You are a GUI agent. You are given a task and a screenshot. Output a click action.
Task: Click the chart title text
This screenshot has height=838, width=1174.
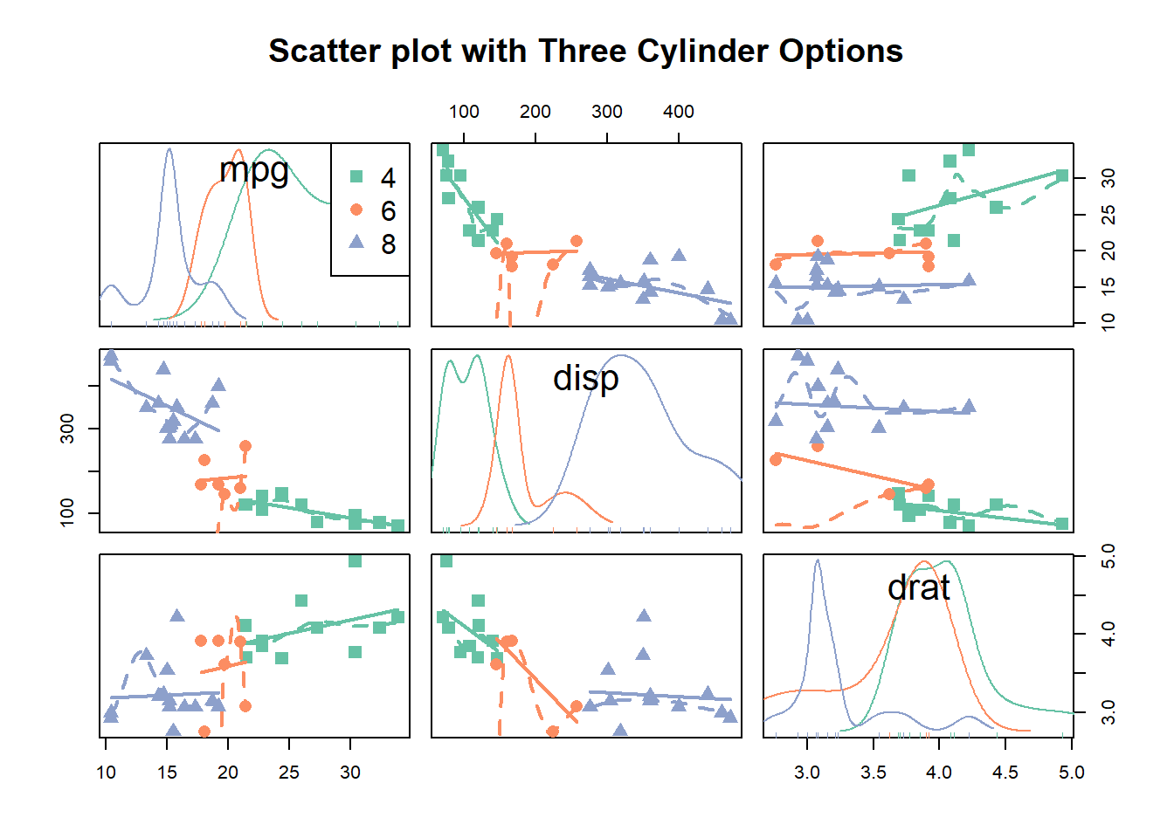(585, 52)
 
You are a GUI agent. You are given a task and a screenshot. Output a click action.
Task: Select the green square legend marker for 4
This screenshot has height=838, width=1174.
(356, 176)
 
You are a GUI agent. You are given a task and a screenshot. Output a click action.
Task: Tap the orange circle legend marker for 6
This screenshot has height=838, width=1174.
(356, 209)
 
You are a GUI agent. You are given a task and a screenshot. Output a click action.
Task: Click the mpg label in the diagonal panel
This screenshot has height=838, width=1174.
(254, 169)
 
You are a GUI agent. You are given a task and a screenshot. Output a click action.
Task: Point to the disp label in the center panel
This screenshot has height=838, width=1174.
(586, 378)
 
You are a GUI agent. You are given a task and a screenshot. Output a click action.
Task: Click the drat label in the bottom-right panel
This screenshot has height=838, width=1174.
(918, 587)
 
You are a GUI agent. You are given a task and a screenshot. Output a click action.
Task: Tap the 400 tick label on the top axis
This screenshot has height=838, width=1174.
(679, 112)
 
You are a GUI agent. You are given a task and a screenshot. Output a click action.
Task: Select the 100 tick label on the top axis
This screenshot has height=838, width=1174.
(464, 112)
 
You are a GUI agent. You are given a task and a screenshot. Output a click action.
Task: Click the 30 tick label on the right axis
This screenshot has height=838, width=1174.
(1108, 178)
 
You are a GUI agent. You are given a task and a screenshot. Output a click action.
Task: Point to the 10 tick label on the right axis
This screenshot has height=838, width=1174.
(1108, 323)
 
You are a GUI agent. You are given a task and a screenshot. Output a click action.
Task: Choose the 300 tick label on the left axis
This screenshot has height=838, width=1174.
(67, 429)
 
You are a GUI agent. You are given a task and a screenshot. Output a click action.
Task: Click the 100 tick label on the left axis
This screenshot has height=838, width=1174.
(67, 512)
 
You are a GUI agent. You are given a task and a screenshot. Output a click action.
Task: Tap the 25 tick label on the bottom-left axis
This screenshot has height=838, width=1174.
(289, 773)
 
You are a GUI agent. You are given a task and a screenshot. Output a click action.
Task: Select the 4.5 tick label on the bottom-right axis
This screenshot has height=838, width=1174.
(1005, 773)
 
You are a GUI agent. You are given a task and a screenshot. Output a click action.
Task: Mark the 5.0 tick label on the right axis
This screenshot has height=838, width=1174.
(1108, 556)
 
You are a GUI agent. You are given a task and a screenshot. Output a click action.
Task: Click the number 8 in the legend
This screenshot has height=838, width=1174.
(389, 244)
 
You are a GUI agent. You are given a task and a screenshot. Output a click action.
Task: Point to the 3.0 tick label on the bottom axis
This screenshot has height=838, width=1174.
(807, 773)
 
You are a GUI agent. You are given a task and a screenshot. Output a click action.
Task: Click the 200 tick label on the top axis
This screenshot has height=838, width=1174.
(535, 112)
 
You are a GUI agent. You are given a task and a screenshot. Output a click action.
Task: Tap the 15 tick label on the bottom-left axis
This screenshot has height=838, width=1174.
(167, 773)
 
